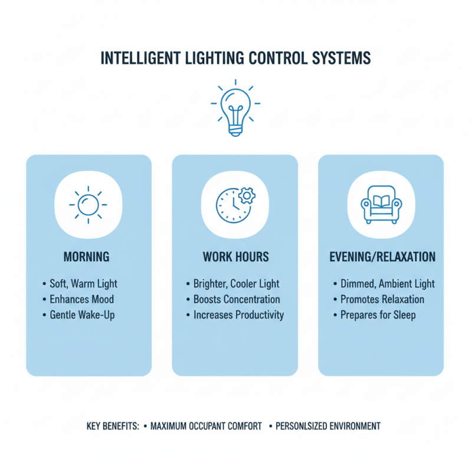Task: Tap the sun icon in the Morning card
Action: [88, 204]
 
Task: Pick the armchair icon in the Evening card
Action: [381, 204]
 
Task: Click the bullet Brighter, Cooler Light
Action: [236, 284]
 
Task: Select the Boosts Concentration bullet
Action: [237, 299]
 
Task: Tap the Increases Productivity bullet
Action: [238, 314]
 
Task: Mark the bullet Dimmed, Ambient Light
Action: [387, 284]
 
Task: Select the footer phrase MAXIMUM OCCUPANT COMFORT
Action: [206, 426]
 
